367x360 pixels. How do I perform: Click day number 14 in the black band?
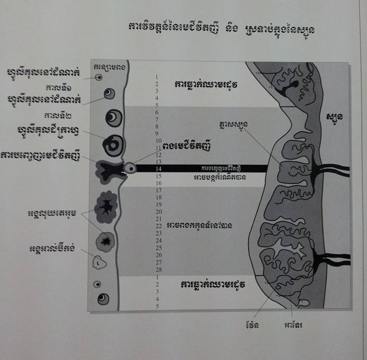click(159, 168)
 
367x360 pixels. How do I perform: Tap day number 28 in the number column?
click(159, 269)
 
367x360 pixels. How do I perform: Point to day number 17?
click(159, 189)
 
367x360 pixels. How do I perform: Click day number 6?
click(159, 112)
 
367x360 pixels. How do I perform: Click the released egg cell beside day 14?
click(132, 167)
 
